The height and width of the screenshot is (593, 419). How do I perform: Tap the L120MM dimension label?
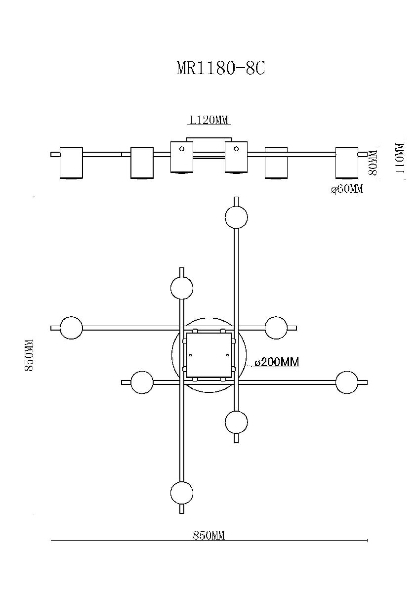click(209, 121)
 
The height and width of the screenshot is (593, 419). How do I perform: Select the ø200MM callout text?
click(276, 362)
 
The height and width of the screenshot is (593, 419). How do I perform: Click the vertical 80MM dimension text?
click(373, 163)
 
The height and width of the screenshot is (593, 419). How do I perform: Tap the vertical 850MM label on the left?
click(29, 355)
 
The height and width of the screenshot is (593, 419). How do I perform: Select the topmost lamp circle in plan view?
click(236, 217)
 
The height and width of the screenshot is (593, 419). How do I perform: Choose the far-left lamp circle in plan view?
click(71, 328)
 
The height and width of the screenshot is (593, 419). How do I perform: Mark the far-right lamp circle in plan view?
click(347, 383)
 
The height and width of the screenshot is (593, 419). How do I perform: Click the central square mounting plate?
click(209, 355)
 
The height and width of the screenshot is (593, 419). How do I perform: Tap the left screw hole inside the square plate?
click(191, 355)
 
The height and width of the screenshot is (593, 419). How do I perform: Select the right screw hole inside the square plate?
click(227, 355)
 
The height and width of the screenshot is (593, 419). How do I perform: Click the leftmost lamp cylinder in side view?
click(71, 163)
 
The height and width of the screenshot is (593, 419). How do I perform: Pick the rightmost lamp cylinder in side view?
click(347, 163)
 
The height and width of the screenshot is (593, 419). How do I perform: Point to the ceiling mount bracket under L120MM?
click(209, 140)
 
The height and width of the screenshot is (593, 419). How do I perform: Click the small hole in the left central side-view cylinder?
click(182, 149)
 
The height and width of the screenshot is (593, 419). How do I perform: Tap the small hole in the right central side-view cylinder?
click(236, 149)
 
